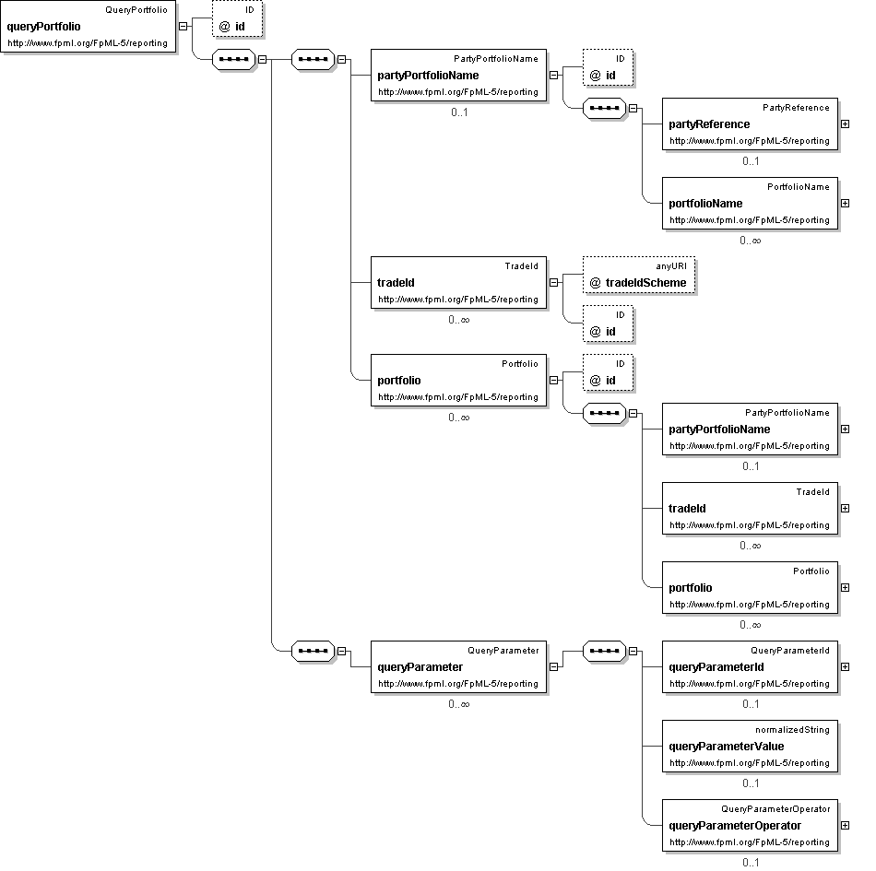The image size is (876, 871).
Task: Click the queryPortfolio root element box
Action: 89,27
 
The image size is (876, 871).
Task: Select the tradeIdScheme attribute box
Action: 639,275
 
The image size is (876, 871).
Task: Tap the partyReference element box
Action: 750,124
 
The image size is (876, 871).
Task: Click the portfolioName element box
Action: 750,203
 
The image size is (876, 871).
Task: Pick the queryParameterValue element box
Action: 750,746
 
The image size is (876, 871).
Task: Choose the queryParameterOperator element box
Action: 750,825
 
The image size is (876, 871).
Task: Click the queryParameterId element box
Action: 750,666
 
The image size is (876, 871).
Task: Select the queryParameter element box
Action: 458,666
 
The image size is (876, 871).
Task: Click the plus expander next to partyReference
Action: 846,124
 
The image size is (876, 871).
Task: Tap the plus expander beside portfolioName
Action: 846,203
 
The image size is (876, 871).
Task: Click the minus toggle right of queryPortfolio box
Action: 183,26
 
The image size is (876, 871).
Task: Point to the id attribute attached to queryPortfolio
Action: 237,19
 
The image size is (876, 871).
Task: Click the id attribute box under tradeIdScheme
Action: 608,324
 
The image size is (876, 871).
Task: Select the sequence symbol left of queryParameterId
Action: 604,651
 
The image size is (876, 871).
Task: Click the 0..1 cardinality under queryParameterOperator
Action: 751,863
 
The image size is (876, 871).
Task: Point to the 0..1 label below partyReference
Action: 751,161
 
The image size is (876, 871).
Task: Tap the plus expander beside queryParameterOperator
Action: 846,825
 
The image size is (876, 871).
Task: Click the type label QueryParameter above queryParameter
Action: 503,651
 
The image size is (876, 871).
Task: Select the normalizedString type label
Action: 792,730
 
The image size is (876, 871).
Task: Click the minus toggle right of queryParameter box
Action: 553,666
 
